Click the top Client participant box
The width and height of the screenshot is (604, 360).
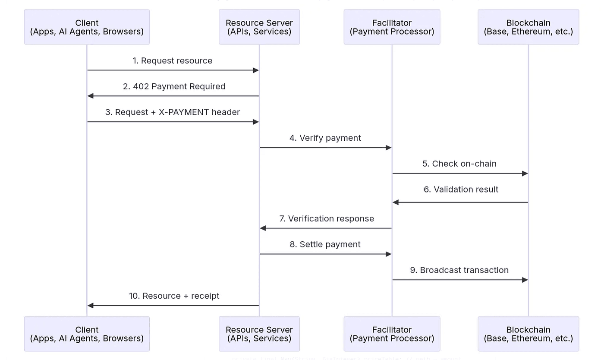(x=87, y=27)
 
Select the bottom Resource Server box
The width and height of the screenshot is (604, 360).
(x=259, y=334)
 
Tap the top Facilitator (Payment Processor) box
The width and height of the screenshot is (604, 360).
(x=392, y=27)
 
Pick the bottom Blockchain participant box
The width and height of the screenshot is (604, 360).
(x=528, y=334)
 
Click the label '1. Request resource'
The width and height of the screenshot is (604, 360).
(x=172, y=61)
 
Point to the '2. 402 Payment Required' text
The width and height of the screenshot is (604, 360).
(x=174, y=86)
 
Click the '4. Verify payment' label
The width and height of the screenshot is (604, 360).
(x=325, y=138)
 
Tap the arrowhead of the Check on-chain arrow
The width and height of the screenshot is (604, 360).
(x=525, y=174)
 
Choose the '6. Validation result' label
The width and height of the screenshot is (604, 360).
(x=461, y=189)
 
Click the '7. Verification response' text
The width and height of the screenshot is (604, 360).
(x=327, y=219)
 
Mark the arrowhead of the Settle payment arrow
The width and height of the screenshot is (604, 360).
(x=388, y=254)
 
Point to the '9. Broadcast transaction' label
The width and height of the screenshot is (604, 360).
(x=459, y=270)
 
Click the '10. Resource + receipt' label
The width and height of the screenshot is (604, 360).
(x=174, y=296)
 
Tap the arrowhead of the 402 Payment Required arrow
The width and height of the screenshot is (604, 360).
(x=90, y=96)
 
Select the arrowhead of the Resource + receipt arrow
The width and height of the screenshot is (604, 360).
(x=90, y=306)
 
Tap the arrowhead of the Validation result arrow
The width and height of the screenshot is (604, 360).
(x=395, y=202)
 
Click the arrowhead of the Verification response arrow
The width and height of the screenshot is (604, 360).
(x=263, y=228)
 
